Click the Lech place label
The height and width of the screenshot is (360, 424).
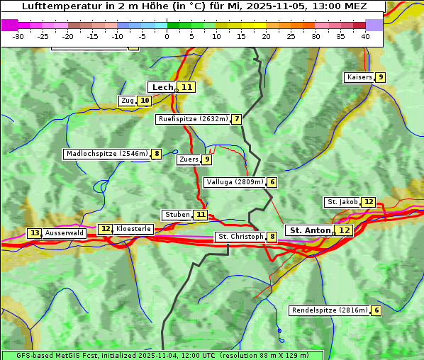click(162, 87)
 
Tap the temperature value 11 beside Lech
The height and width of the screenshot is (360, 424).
click(186, 87)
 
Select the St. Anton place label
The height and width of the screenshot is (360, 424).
click(311, 230)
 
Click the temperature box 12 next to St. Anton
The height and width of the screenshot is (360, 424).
click(345, 230)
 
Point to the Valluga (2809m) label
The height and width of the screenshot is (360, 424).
click(235, 182)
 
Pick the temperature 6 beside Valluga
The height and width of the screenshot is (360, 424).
click(272, 182)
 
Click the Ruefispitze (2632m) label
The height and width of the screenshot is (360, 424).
click(192, 119)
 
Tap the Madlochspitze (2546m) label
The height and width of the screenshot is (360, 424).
click(106, 154)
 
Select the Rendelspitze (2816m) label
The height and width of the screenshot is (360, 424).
click(330, 310)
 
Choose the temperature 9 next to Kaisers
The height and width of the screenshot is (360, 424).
click(381, 77)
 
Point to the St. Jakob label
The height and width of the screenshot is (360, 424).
click(342, 202)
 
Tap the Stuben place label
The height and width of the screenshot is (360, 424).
click(177, 215)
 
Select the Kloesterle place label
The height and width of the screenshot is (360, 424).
click(133, 229)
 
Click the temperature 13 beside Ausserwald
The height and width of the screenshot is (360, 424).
click(34, 233)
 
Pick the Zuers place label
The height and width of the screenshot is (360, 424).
click(189, 159)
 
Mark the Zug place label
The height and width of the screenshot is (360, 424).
click(128, 101)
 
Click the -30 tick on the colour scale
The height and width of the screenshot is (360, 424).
click(18, 35)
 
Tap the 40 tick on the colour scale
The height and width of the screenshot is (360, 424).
click(365, 35)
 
